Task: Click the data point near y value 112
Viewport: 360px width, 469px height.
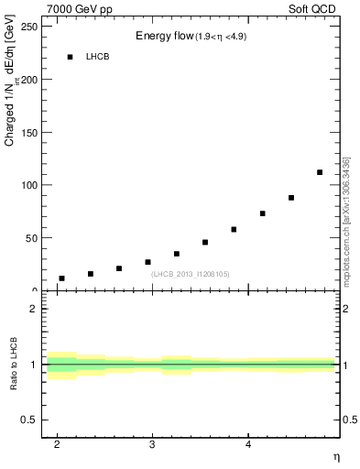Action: (x=320, y=172)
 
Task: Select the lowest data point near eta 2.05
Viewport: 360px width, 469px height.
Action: (x=61, y=278)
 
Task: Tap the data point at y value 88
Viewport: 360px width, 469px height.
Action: (x=291, y=198)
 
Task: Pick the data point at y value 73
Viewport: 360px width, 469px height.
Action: (x=263, y=213)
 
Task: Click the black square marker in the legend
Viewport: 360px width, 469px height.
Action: (x=70, y=57)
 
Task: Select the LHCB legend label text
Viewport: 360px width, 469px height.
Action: (x=97, y=57)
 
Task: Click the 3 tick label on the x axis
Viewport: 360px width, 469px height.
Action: (x=153, y=444)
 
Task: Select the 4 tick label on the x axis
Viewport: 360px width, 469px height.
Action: (x=249, y=444)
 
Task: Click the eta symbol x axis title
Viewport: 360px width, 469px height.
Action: (x=335, y=456)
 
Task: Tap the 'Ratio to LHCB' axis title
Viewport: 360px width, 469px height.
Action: (x=13, y=365)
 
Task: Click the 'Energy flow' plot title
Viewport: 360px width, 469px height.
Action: (x=162, y=36)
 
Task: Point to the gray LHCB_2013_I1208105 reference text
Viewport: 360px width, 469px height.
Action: (x=191, y=274)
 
